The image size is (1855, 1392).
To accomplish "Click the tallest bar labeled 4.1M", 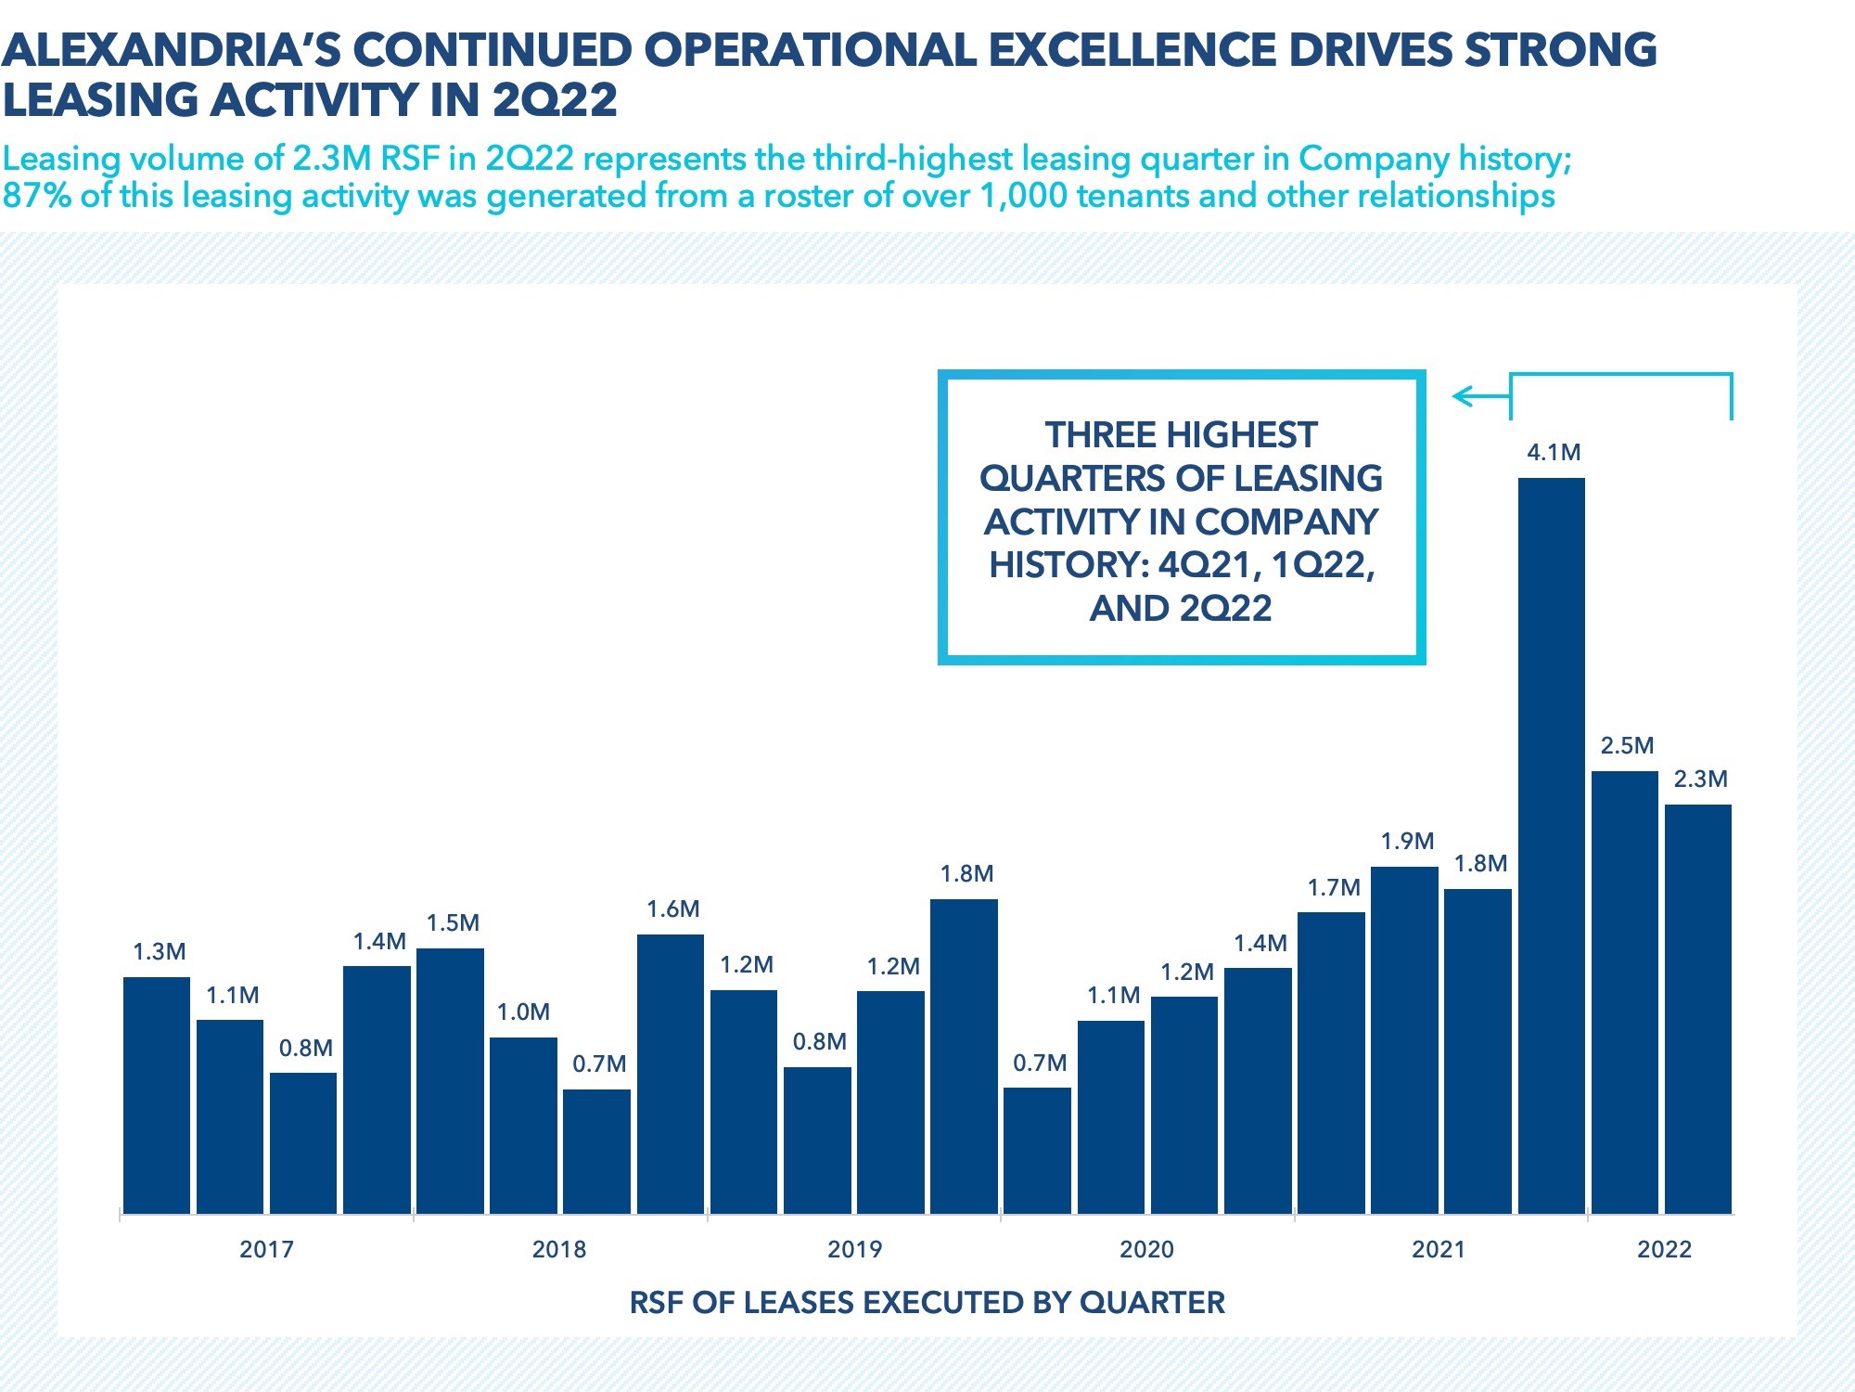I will (x=1552, y=844).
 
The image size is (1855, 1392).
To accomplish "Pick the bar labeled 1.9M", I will (x=1404, y=1039).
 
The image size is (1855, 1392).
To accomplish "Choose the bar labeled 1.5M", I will (x=450, y=1080).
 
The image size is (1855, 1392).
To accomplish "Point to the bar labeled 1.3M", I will (x=157, y=1095).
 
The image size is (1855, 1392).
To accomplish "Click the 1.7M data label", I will (x=1334, y=888).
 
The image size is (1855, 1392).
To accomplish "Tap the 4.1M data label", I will (x=1554, y=453).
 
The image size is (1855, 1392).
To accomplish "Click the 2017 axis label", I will (x=266, y=1249).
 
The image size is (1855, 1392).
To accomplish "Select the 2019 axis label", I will (x=854, y=1249).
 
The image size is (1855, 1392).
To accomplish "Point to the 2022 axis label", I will (x=1664, y=1249).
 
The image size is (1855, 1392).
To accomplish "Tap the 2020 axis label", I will (x=1146, y=1249).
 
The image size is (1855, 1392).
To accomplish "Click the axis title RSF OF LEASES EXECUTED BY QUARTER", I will (x=927, y=1303).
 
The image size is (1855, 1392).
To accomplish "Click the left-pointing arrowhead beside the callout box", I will (x=1462, y=397).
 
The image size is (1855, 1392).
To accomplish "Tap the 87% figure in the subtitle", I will (x=37, y=196).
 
